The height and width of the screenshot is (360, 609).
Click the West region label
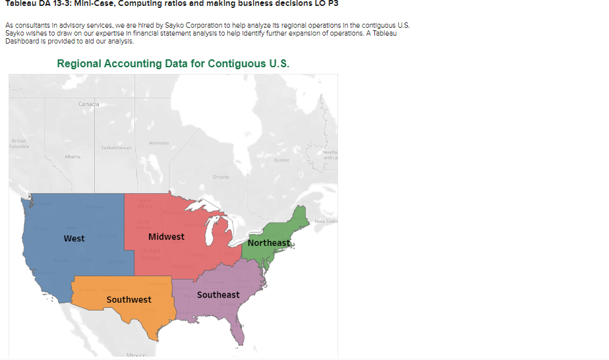(x=74, y=238)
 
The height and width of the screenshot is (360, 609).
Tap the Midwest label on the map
(x=166, y=237)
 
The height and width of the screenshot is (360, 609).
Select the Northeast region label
(x=269, y=243)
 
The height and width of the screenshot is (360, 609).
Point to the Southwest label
(x=129, y=299)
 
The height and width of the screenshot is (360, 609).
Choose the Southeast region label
(x=218, y=295)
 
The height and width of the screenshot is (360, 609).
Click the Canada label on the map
(x=88, y=104)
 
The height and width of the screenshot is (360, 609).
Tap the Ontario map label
(x=221, y=176)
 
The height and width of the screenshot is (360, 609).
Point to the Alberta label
(x=72, y=156)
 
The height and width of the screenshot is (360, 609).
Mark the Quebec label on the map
(x=281, y=160)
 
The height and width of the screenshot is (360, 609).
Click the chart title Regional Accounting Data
(x=173, y=64)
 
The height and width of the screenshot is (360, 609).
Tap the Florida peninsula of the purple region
(x=239, y=330)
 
